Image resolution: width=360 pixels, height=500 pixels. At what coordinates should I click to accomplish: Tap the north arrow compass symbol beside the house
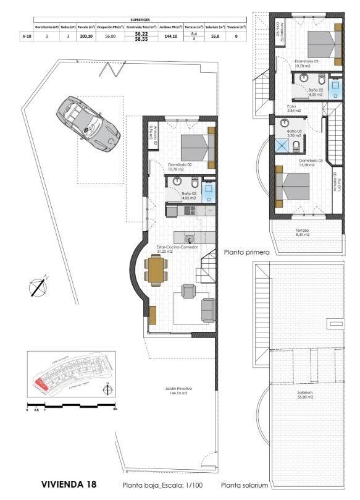pyautogui.click(x=39, y=286)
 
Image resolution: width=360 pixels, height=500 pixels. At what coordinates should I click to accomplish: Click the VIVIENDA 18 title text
pyautogui.click(x=69, y=484)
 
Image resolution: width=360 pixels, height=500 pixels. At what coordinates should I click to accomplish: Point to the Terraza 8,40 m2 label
pyautogui.click(x=302, y=232)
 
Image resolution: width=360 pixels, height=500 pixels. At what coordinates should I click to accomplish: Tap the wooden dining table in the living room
pyautogui.click(x=156, y=269)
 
